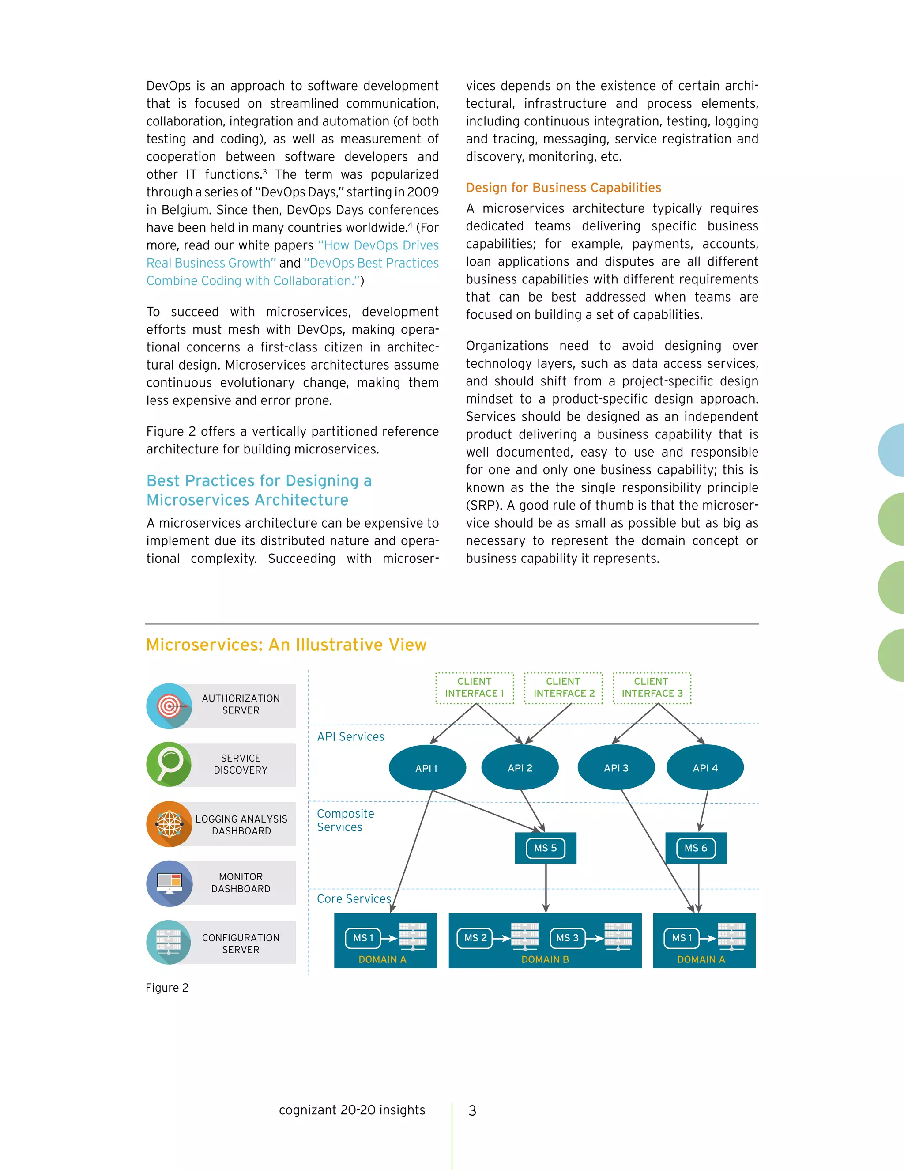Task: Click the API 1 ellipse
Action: click(427, 768)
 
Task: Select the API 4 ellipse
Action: click(705, 768)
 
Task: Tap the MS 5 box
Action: click(545, 848)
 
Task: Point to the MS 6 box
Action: click(696, 848)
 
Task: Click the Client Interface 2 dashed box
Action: click(563, 688)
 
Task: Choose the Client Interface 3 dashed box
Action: click(652, 688)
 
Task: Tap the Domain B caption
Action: click(545, 959)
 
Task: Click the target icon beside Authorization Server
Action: click(169, 706)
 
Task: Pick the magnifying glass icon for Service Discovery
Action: click(169, 764)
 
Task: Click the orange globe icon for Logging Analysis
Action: click(169, 824)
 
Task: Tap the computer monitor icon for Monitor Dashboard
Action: click(169, 883)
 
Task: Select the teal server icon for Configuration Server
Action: click(169, 942)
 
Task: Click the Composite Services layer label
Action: click(346, 820)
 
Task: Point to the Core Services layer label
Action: click(354, 899)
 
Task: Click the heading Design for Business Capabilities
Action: click(563, 188)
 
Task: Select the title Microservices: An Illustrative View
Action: click(286, 645)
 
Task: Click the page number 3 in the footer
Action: click(472, 1110)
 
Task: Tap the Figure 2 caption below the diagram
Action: click(167, 988)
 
